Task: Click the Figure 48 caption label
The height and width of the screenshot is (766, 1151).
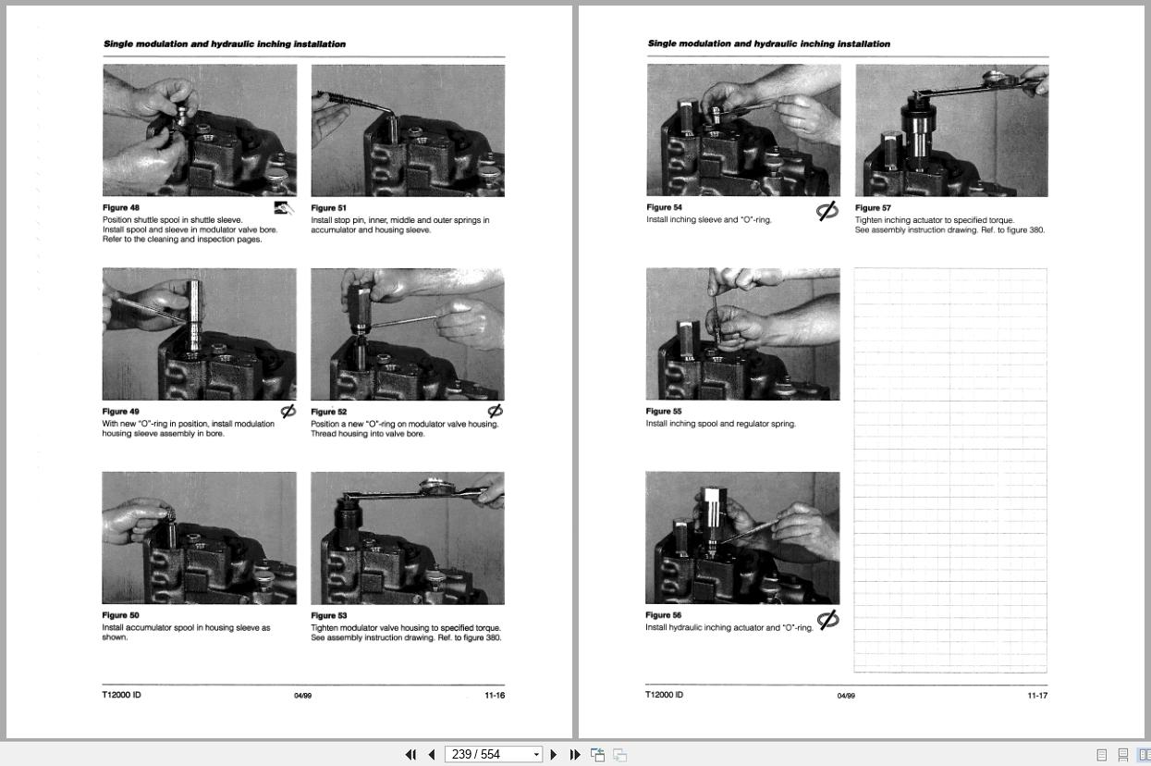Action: pyautogui.click(x=121, y=208)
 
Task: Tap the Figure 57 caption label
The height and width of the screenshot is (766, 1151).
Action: pyautogui.click(x=874, y=208)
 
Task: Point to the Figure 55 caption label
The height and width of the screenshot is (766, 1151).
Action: pyautogui.click(x=664, y=412)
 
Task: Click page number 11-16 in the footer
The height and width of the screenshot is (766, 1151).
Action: pyautogui.click(x=495, y=696)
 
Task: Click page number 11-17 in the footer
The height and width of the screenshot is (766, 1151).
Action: pyautogui.click(x=1037, y=696)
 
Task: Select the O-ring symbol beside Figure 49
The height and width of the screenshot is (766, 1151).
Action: pyautogui.click(x=288, y=411)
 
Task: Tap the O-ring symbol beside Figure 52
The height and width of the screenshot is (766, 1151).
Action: pyautogui.click(x=496, y=411)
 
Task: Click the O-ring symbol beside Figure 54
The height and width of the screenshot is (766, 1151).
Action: pyautogui.click(x=827, y=211)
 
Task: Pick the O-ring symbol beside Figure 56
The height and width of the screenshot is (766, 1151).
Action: pyautogui.click(x=828, y=620)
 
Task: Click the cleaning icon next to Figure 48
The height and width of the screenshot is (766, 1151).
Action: pyautogui.click(x=284, y=208)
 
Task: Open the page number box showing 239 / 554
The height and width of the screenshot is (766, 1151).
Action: pyautogui.click(x=494, y=755)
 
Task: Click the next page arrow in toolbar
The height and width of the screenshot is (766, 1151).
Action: pyautogui.click(x=554, y=755)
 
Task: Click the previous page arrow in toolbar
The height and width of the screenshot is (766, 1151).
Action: pyautogui.click(x=431, y=755)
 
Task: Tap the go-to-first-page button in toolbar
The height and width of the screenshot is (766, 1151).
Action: pyautogui.click(x=410, y=755)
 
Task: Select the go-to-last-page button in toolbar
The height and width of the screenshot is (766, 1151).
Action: pyautogui.click(x=574, y=755)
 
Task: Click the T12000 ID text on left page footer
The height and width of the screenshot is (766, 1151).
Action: pyautogui.click(x=121, y=695)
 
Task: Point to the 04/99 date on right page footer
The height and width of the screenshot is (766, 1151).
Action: pyautogui.click(x=846, y=696)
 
